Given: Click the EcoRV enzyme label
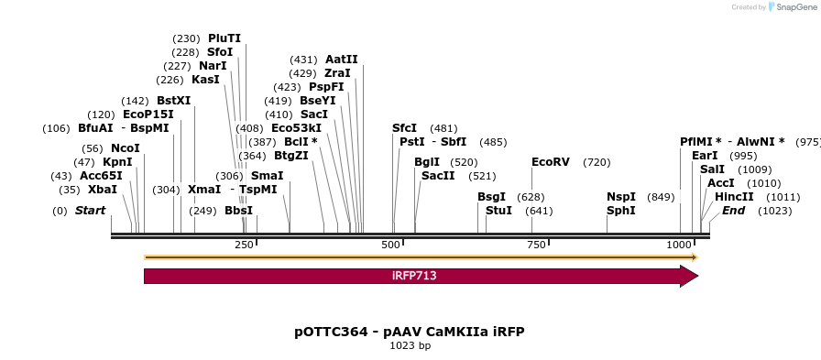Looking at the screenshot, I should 551,162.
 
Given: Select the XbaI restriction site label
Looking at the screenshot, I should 103,190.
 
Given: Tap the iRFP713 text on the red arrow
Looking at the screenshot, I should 414,276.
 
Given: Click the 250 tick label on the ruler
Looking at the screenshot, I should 244,245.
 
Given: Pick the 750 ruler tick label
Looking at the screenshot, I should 533,245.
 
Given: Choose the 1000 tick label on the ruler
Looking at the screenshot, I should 679,245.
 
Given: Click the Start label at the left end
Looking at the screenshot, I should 90,211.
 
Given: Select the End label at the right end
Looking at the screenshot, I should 733,211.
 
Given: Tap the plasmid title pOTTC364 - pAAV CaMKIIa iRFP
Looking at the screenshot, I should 410,331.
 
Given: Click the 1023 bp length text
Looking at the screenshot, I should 410,345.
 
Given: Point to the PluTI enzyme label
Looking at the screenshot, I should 224,38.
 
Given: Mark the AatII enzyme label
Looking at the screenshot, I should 342,60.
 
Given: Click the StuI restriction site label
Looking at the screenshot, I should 498,211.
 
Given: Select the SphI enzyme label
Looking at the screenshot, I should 620,211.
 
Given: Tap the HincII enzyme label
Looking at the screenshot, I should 734,197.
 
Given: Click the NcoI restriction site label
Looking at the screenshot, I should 126,148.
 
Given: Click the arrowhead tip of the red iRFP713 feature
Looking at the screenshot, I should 696,276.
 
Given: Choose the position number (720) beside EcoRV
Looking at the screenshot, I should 597,162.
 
